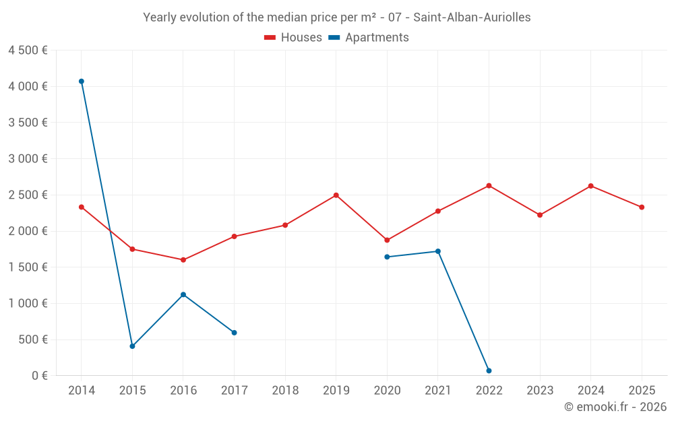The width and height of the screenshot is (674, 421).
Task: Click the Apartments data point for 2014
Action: [x=82, y=82]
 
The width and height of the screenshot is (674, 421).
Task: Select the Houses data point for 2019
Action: [x=336, y=195]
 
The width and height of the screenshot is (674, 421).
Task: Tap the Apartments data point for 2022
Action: [x=489, y=370]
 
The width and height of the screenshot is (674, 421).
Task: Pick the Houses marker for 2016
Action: [x=183, y=260]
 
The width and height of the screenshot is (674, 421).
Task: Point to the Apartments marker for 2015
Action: [x=132, y=346]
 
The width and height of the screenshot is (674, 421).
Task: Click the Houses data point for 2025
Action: [x=642, y=207]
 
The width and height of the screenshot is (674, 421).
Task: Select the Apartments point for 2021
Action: [x=438, y=251]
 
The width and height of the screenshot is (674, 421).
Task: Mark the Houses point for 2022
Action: [x=489, y=186]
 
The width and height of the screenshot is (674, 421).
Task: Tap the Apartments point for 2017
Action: [x=234, y=333]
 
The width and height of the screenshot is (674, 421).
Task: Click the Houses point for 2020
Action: [x=387, y=240]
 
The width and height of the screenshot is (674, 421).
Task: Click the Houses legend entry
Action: [x=293, y=38]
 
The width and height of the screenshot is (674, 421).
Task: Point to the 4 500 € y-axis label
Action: [x=28, y=51]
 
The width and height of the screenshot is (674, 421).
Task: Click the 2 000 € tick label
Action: [x=28, y=231]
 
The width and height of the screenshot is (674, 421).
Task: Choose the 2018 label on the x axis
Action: [x=285, y=391]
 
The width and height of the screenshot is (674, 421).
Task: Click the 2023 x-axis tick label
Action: [x=540, y=391]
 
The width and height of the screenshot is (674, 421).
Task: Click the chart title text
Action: [x=337, y=18]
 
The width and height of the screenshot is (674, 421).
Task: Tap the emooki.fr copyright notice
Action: [x=615, y=407]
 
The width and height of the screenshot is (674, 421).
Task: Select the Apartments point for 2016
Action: [x=183, y=294]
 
